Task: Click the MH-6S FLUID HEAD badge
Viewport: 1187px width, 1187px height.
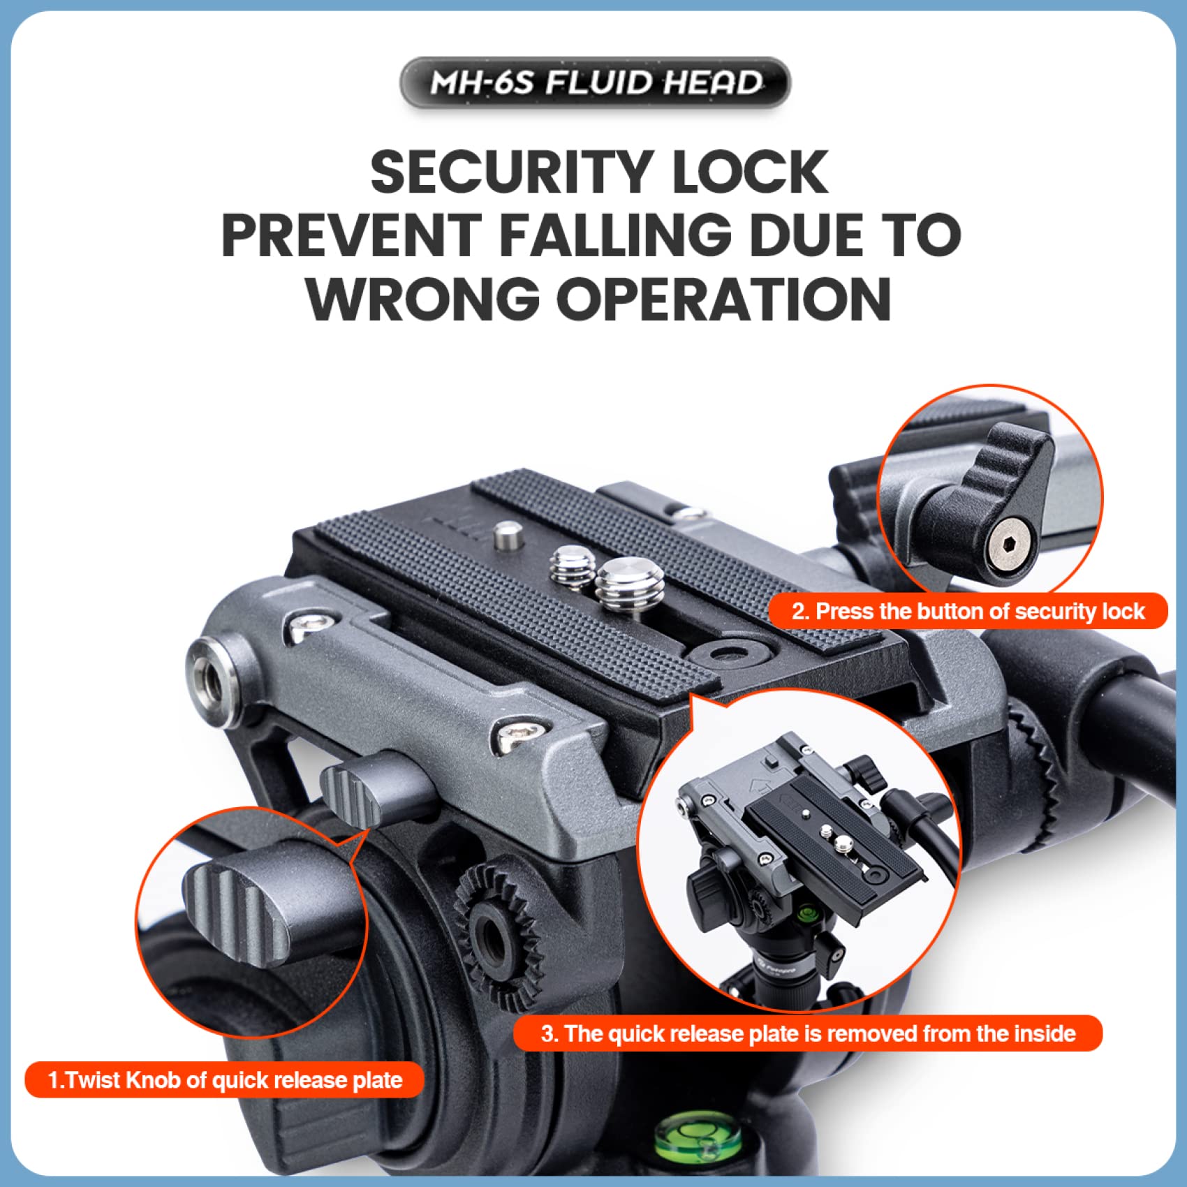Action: pos(595,82)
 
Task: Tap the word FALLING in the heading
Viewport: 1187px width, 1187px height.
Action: pos(614,235)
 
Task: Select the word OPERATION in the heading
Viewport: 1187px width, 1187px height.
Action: pos(724,299)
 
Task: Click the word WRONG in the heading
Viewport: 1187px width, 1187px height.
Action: pos(422,299)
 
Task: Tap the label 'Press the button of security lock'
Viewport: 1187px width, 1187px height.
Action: pos(968,612)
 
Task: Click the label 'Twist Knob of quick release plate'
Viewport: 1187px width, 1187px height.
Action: pos(225,1080)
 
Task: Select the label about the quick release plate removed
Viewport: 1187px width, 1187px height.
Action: pos(808,1033)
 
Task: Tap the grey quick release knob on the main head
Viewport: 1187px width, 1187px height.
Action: pos(377,792)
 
